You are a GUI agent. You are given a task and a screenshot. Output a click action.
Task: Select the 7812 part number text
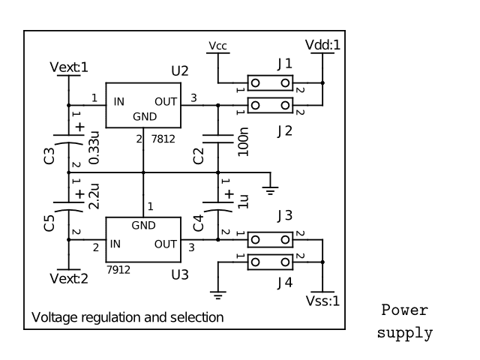[x=165, y=140]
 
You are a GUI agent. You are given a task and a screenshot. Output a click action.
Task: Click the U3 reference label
[x=180, y=274]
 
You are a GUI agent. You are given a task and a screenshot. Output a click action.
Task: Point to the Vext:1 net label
[x=68, y=67]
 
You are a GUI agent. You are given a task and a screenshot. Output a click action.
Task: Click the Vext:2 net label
[x=68, y=279]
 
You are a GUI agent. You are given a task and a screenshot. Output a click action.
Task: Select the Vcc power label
[x=217, y=46]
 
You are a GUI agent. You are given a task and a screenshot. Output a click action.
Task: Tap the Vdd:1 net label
[x=323, y=45]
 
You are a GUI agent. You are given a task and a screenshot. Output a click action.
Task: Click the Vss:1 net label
[x=323, y=301]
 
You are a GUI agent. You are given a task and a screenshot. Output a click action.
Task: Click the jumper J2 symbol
[x=270, y=105]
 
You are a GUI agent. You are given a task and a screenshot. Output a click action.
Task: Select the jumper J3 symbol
[x=270, y=240]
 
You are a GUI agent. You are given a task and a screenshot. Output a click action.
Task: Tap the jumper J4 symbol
[x=270, y=262]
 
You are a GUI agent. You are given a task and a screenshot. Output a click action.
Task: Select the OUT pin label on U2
[x=166, y=101]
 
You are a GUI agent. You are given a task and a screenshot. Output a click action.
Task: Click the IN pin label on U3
[x=115, y=244]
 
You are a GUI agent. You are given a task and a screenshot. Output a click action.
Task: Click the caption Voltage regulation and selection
[x=127, y=317]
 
